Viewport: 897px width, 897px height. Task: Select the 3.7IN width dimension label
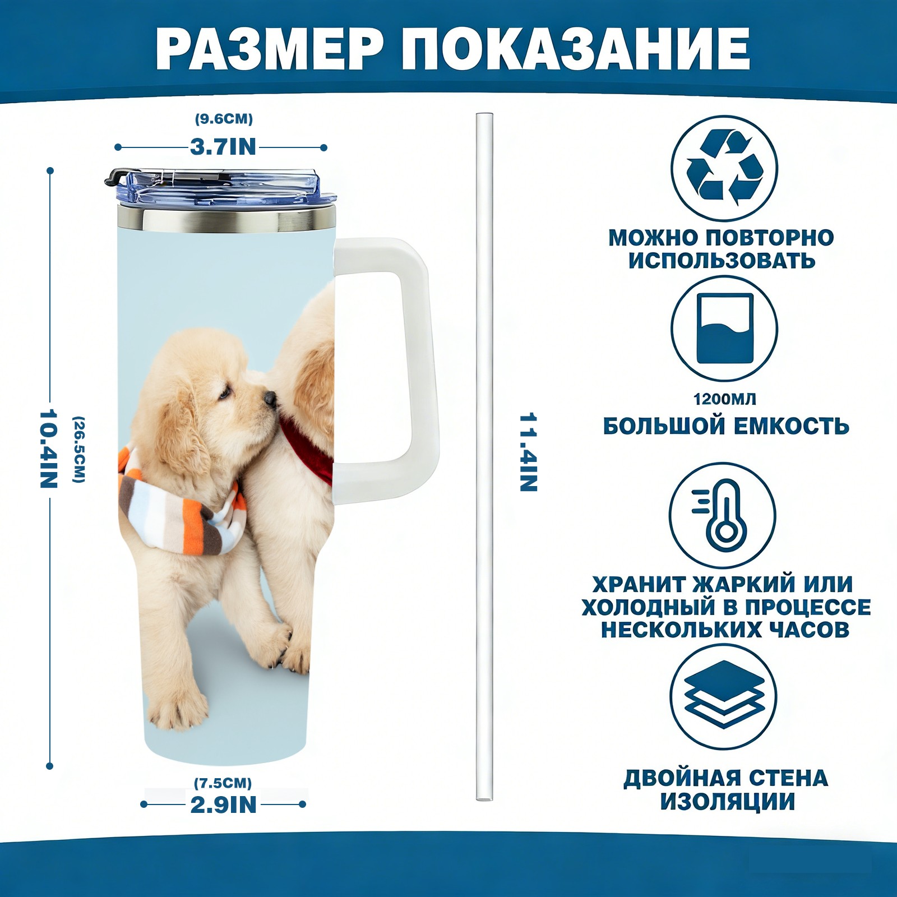[x=223, y=147]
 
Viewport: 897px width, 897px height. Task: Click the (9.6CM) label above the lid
[x=224, y=119]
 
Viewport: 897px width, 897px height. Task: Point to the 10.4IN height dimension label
[x=49, y=449]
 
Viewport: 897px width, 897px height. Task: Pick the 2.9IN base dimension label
[x=224, y=805]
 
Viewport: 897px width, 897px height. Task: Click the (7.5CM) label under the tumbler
[x=223, y=783]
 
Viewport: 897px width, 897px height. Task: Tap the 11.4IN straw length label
[x=529, y=452]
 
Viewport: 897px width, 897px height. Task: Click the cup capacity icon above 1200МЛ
[x=725, y=328]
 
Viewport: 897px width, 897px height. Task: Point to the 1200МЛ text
[x=725, y=399]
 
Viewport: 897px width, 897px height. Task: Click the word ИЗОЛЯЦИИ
[x=727, y=802]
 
